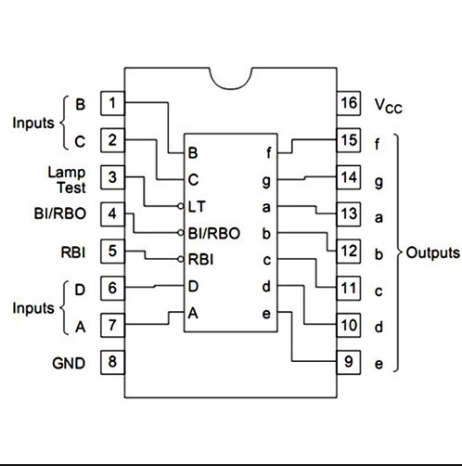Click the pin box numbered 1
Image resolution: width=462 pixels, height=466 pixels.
(112, 103)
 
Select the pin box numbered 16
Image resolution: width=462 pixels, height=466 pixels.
(349, 103)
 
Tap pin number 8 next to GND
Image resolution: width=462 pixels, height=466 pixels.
(112, 362)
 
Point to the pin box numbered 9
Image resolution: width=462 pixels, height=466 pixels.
(349, 362)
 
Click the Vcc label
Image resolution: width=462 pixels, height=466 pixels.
(389, 106)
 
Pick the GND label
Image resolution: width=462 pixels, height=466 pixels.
(69, 363)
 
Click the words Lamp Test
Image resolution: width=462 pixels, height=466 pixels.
(67, 180)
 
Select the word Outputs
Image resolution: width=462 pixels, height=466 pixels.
(432, 252)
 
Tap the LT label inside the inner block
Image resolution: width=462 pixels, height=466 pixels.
(197, 206)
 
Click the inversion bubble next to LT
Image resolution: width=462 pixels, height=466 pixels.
(181, 206)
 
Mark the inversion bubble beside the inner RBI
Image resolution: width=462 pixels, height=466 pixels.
(181, 259)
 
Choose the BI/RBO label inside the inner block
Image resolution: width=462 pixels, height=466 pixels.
(214, 233)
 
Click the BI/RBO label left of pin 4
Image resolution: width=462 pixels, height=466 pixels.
(60, 214)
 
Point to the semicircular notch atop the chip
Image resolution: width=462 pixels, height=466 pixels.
(231, 87)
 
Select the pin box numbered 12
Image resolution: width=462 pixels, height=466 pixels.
(349, 252)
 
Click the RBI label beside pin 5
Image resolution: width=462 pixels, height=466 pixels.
(73, 252)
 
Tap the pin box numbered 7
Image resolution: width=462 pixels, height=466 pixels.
(112, 325)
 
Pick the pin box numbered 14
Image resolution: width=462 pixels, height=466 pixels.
(349, 177)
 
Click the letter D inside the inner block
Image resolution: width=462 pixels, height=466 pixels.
(193, 286)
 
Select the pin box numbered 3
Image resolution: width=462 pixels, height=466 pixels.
(112, 177)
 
